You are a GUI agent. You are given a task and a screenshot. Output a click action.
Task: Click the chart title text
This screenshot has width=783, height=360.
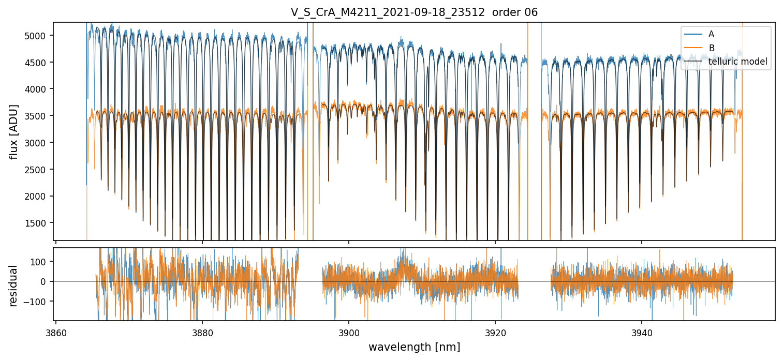[x=414, y=12]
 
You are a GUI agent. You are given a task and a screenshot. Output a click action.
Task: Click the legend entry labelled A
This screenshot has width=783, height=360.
[x=711, y=34]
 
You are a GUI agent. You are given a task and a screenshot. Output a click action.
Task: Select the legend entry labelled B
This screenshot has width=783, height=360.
[x=711, y=48]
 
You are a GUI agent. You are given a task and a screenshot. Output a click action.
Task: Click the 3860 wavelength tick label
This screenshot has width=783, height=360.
[x=56, y=333]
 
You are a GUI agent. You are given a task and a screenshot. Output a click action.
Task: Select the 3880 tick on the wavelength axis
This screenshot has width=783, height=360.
[x=202, y=333]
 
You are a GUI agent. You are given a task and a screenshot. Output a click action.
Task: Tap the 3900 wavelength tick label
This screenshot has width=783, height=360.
[x=349, y=333]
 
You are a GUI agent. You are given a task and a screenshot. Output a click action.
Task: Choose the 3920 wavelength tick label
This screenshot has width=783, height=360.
[x=495, y=333]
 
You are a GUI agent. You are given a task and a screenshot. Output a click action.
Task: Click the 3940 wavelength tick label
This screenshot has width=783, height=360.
[x=642, y=333]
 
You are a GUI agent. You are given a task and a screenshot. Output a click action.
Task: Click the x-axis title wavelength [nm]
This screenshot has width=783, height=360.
[x=414, y=347]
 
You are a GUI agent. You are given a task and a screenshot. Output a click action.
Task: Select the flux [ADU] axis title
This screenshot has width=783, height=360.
[x=13, y=131]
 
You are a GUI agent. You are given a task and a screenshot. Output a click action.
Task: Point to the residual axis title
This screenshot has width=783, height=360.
[x=13, y=285]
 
